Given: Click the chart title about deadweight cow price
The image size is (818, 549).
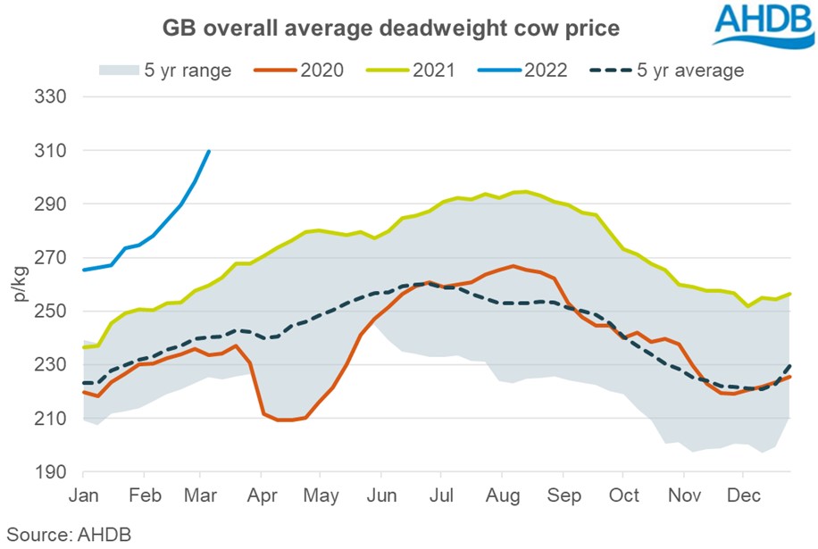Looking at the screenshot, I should click(390, 29).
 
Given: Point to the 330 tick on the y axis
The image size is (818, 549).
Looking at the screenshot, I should click(52, 96).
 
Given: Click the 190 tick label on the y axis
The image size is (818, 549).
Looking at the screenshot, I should click(52, 472).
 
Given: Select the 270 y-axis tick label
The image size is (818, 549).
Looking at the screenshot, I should click(52, 257).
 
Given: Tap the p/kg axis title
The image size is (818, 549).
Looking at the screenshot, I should click(20, 284).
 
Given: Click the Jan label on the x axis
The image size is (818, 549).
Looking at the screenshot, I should click(83, 495).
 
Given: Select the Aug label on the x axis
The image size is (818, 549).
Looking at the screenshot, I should click(505, 495).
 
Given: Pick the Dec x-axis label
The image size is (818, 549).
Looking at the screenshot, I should click(746, 495).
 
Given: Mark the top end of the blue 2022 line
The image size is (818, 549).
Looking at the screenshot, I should click(209, 151).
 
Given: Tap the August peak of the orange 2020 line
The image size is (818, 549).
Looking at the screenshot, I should click(512, 266).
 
